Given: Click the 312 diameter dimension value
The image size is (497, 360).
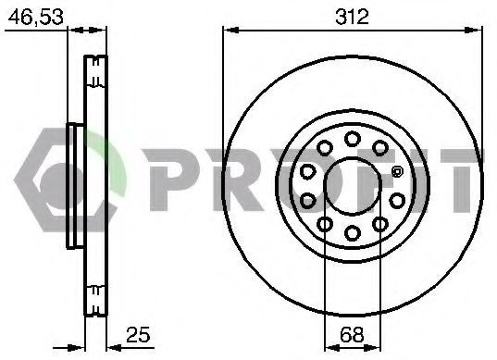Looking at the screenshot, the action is (x=352, y=17).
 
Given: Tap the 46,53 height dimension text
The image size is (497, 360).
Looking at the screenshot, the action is (x=35, y=17).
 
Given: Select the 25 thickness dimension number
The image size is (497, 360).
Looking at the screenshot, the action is (x=138, y=334).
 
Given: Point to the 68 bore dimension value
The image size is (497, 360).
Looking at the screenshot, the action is (x=352, y=334).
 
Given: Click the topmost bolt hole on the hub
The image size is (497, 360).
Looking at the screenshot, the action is (x=352, y=139).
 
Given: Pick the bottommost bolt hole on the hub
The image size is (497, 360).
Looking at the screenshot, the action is (x=352, y=232).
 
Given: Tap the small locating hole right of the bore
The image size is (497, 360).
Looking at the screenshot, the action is (x=397, y=172).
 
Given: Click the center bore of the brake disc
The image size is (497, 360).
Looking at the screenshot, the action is (x=352, y=186).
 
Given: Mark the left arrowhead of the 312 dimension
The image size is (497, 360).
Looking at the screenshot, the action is (x=230, y=31).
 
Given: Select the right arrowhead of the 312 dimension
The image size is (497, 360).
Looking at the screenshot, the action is (x=474, y=31).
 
